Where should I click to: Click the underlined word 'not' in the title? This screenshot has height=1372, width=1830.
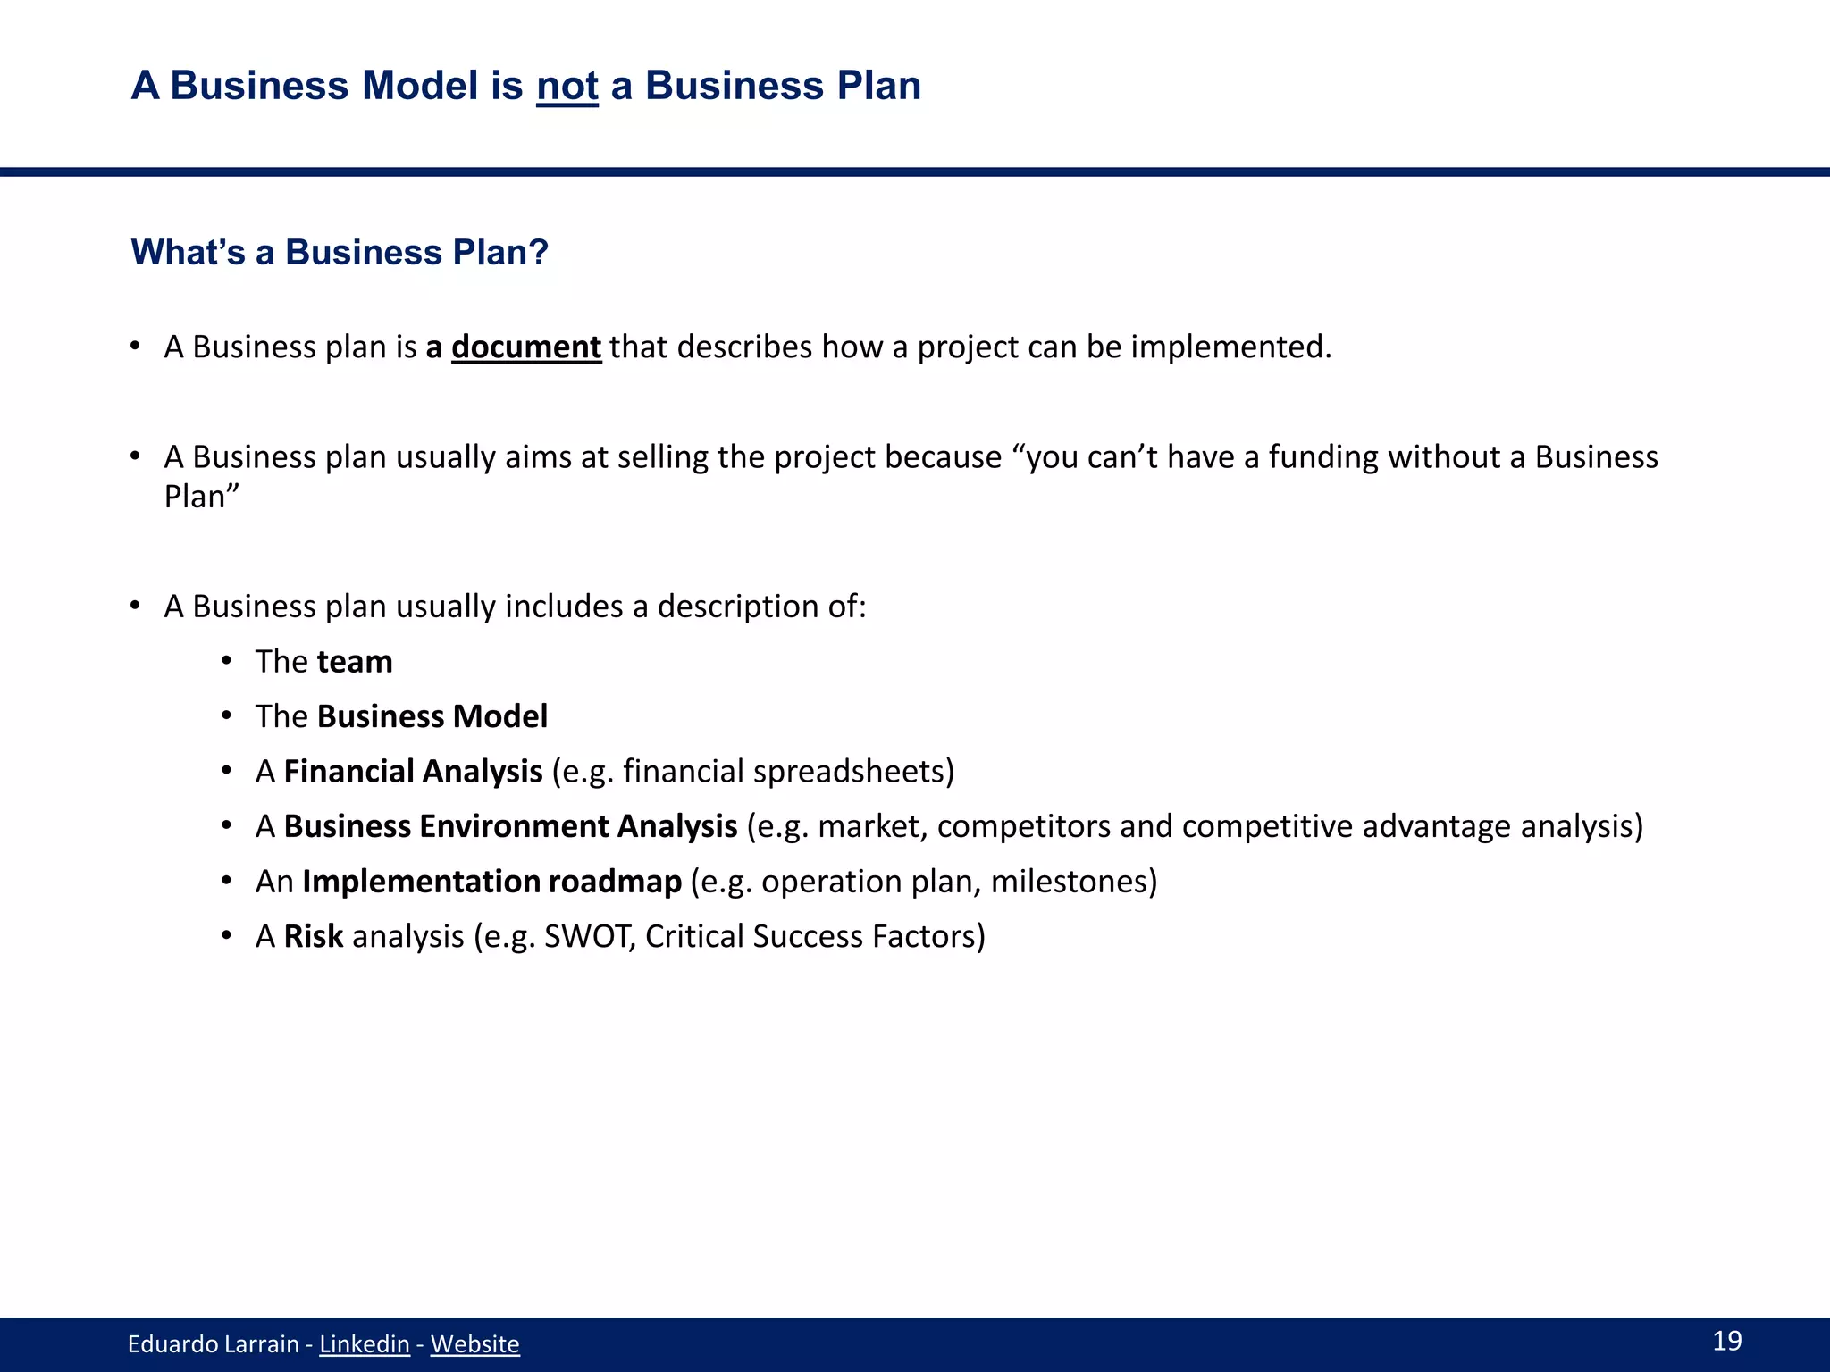[x=567, y=87]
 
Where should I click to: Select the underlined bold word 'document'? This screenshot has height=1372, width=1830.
[x=525, y=347]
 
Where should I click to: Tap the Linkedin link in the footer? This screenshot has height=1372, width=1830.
[x=365, y=1343]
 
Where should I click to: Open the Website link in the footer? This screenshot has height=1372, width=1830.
[x=474, y=1343]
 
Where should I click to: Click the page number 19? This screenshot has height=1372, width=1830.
[x=1726, y=1340]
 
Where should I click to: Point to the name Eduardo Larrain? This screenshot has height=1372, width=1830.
[x=213, y=1343]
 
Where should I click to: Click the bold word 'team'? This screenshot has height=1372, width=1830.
[x=355, y=662]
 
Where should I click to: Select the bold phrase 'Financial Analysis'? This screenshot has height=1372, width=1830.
[x=413, y=772]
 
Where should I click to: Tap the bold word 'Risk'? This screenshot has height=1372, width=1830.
[x=313, y=936]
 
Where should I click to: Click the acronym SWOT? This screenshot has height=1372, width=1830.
[x=590, y=936]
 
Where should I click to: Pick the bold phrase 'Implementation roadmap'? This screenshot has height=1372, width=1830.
[x=491, y=882]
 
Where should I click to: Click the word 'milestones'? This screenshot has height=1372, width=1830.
[x=1067, y=882]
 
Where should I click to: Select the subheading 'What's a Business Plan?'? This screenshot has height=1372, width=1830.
[x=340, y=253]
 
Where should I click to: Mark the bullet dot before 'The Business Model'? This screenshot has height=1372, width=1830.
[x=228, y=716]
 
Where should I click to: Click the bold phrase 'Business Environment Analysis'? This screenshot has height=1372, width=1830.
[x=510, y=826]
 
